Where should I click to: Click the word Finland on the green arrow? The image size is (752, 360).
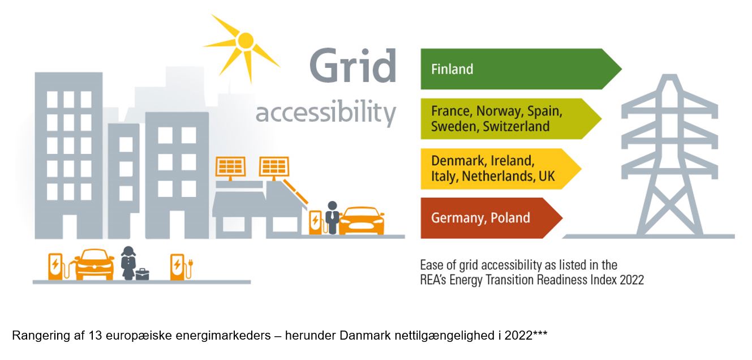point(452,69)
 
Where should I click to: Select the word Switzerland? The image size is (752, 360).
point(517,126)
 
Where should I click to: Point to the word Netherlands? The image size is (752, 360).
point(499,176)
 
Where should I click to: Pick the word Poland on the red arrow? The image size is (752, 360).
point(510,217)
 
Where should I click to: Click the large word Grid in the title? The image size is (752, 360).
point(353,66)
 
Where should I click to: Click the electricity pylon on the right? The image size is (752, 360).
point(669,155)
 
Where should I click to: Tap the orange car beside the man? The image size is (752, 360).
point(362,221)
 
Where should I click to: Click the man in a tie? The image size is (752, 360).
point(332,217)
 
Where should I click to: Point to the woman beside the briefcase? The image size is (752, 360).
point(128,263)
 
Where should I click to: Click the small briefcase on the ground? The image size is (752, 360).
point(143,274)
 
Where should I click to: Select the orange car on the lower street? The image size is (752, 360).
point(94,264)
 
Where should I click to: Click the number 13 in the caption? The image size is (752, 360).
point(95,335)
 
